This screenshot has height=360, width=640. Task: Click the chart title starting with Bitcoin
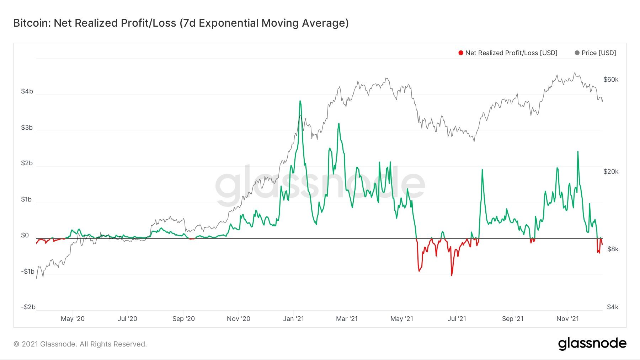tap(181, 23)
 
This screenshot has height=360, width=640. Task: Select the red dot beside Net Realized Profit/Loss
tap(461, 53)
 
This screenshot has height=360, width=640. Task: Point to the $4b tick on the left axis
tap(27, 91)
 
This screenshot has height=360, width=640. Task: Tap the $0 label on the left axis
tap(25, 235)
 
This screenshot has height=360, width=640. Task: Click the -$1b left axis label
tap(27, 272)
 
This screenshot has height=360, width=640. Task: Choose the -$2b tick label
tap(28, 307)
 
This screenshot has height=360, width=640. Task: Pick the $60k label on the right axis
tap(611, 80)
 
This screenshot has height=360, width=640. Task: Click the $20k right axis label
tap(611, 172)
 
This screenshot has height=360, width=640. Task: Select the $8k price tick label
tap(613, 249)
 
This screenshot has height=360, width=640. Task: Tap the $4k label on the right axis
tap(613, 307)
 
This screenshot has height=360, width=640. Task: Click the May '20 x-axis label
tap(73, 319)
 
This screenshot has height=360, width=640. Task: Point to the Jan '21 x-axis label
tap(293, 319)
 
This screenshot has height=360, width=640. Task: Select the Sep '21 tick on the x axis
tap(512, 319)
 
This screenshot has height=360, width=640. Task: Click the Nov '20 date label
tap(238, 319)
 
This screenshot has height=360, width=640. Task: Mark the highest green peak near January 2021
tap(300, 101)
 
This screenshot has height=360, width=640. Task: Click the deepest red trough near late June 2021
tap(452, 275)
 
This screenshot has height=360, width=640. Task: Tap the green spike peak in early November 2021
tap(578, 152)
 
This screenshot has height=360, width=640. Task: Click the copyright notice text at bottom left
tap(80, 344)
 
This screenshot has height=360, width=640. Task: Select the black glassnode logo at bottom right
tap(592, 344)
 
